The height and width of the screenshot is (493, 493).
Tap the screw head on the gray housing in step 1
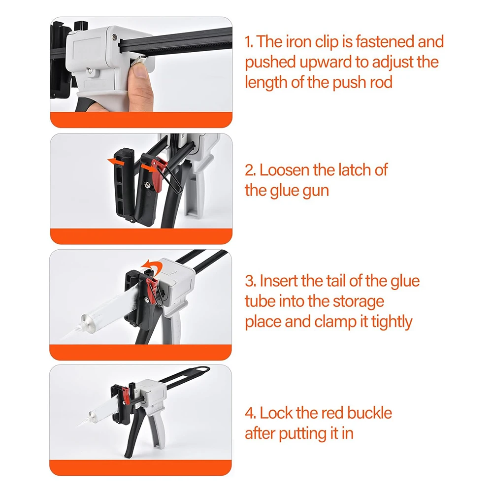[x=113, y=38]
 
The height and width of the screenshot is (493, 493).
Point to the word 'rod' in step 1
[x=381, y=82]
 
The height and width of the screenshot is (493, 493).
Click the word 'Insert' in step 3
[x=279, y=281]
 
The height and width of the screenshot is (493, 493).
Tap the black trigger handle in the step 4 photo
[x=133, y=432]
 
